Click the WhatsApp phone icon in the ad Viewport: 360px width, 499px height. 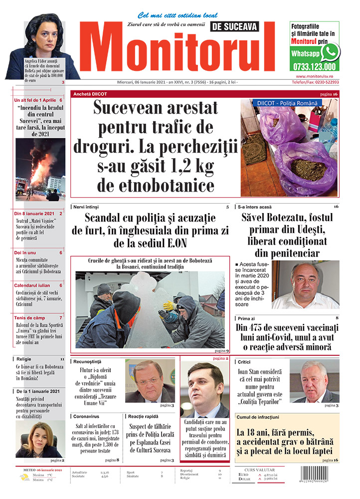click(330, 52)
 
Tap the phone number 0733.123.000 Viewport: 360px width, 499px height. click(314, 66)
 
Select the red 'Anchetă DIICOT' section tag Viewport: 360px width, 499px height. click(90, 94)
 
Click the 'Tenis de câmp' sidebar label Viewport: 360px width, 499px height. click(31, 318)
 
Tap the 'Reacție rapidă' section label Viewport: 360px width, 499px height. click(143, 416)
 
